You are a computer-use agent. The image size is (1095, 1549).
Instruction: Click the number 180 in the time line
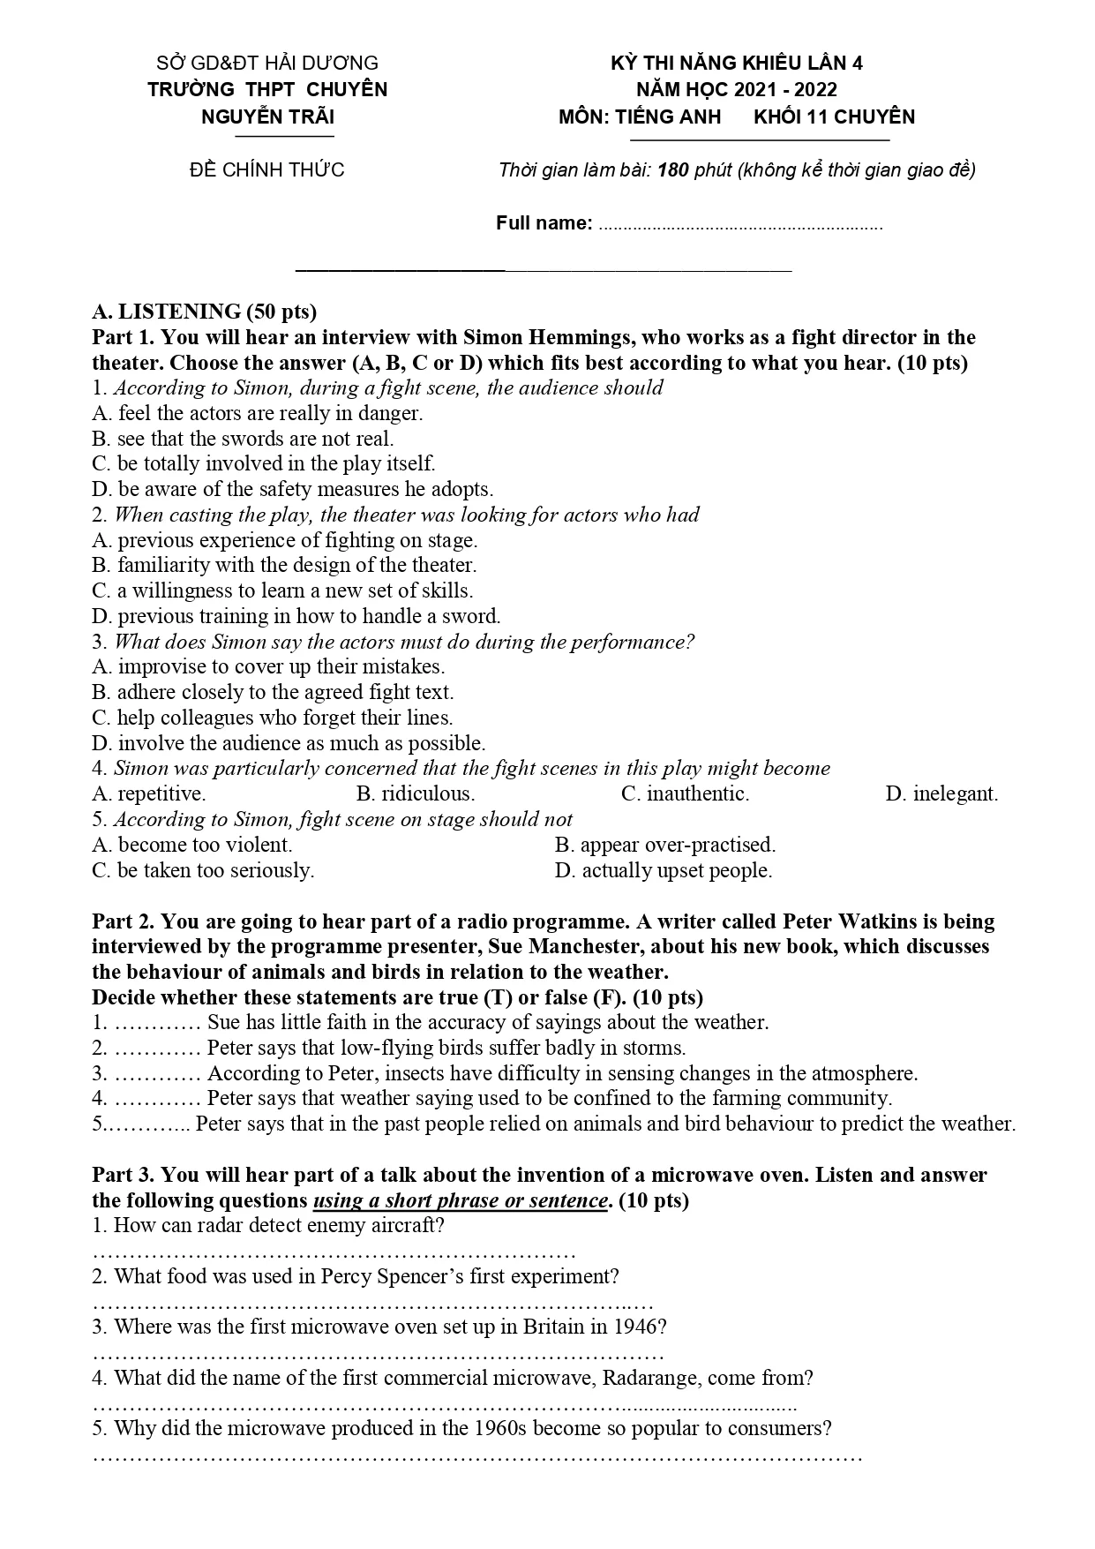coord(672,169)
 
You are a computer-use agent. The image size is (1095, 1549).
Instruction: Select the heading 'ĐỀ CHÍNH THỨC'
coord(266,169)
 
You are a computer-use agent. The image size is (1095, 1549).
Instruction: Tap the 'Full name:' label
coord(544,222)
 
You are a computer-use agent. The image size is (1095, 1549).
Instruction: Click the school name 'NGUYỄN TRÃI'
coord(267,117)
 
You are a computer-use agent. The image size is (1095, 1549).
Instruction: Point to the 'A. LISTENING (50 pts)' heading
coord(204,312)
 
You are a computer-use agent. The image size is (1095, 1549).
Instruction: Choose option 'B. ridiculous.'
coord(415,793)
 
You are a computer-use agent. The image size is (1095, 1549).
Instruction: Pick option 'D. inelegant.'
coord(941,793)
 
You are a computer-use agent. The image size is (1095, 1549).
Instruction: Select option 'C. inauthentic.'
coord(685,793)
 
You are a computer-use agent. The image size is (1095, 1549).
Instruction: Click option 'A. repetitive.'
coord(148,793)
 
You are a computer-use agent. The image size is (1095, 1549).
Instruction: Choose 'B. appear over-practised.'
coord(664,845)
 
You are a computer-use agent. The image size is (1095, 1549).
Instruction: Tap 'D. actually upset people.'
coord(663,870)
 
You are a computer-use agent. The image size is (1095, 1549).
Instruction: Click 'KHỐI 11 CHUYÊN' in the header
coord(834,117)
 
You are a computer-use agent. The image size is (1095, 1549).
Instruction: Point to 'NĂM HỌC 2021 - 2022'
coord(737,89)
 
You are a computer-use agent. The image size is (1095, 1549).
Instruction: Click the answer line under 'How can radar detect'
coord(334,1253)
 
